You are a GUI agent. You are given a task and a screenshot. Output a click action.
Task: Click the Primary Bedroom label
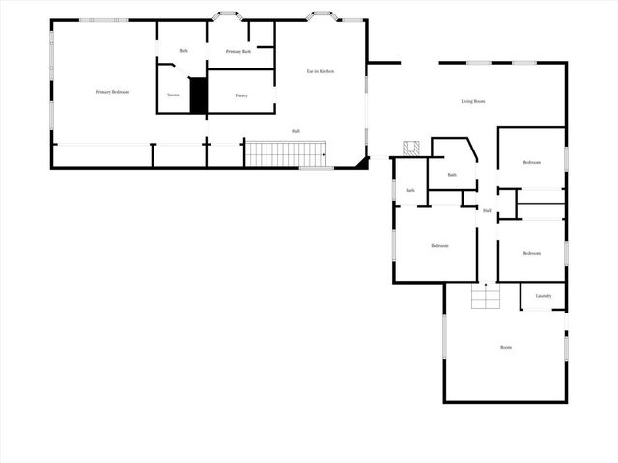pos(112,92)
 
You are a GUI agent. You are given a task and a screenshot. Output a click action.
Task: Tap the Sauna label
pos(173,95)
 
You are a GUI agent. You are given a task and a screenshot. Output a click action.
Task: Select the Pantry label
pos(242,95)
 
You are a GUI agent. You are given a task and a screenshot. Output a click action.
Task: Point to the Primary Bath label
pos(239,51)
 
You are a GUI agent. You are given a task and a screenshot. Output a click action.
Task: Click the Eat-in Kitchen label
pos(321,72)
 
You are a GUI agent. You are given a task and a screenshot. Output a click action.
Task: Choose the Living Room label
pos(472,101)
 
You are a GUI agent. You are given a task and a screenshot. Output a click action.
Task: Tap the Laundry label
pos(544,296)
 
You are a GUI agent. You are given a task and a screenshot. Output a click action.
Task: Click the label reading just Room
pos(505,347)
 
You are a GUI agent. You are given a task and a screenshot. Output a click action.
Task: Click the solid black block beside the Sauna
pos(199,95)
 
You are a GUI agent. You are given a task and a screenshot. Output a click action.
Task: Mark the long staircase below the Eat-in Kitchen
pos(285,152)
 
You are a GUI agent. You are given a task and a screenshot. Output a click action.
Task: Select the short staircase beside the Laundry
pos(486,296)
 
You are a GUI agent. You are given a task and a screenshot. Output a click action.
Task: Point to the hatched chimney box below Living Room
pos(411,147)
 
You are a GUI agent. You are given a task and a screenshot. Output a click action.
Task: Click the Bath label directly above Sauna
pos(183,50)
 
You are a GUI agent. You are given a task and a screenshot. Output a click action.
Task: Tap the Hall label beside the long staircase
pos(295,131)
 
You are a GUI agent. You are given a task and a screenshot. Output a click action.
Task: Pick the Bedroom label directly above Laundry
pos(531,253)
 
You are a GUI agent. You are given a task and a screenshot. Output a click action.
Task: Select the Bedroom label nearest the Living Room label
pos(531,162)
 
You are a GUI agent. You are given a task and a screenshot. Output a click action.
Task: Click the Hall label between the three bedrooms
pos(487,210)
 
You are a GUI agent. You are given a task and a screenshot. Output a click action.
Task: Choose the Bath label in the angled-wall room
pos(452,174)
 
